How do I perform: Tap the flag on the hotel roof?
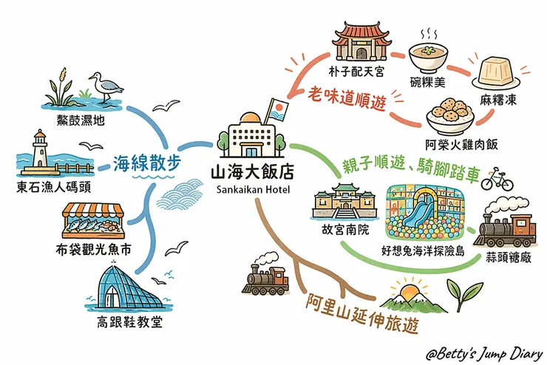tap(278, 110)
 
